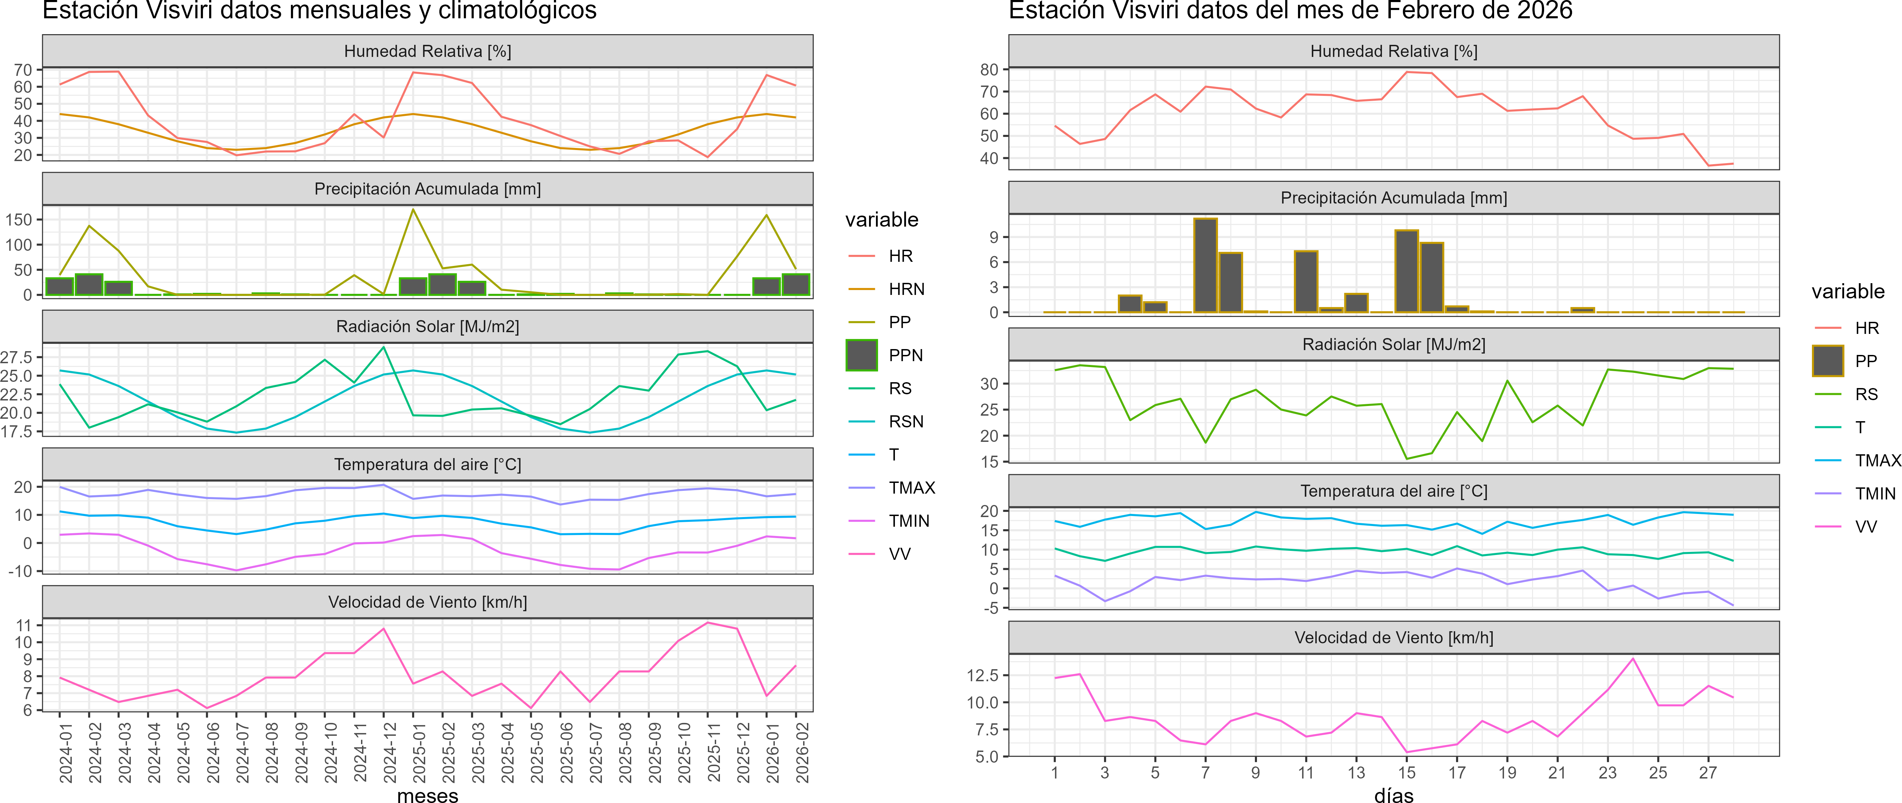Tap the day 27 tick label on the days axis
click(x=1708, y=773)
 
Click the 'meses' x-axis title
click(x=428, y=795)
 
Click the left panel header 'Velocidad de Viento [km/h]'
click(x=428, y=602)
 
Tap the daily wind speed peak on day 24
click(x=1632, y=658)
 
